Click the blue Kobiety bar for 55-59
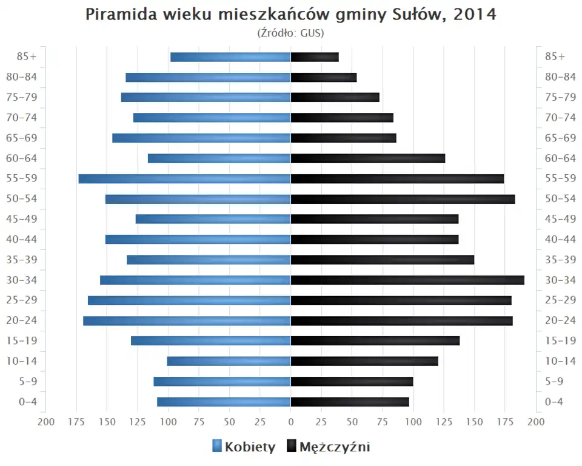click(x=185, y=178)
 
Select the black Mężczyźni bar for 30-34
click(x=407, y=280)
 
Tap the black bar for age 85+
click(x=315, y=57)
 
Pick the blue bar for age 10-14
click(x=229, y=361)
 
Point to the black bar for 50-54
click(x=403, y=199)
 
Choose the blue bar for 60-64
click(x=219, y=158)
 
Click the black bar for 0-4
click(x=350, y=402)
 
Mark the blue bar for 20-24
click(x=187, y=320)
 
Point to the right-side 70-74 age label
click(x=560, y=118)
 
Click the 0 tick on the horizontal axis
click(x=291, y=421)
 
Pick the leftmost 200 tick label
click(x=46, y=421)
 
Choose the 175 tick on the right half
click(x=505, y=421)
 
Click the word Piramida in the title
click(x=120, y=15)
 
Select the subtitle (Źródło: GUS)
click(x=291, y=33)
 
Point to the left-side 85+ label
click(x=27, y=57)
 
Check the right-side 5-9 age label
click(x=555, y=381)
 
